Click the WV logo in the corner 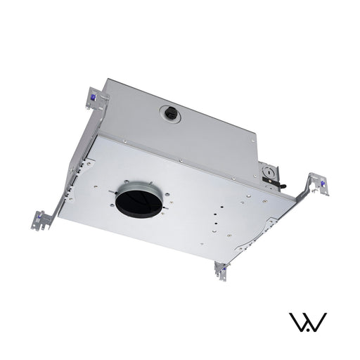pos(309,323)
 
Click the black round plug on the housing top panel pos(169,113)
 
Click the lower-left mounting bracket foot pos(40,219)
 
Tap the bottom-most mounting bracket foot pos(221,271)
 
